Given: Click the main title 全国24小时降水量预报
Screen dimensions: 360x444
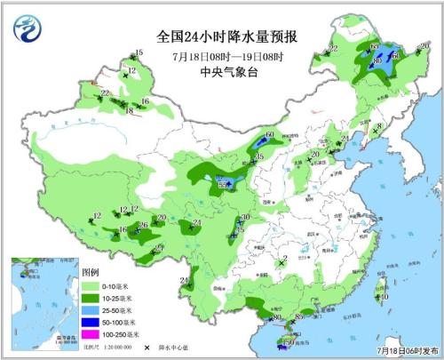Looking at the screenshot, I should click(226, 36).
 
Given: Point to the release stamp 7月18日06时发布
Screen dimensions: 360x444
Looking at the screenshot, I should click(404, 352).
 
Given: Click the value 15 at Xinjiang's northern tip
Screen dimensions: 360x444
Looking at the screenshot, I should click(139, 53).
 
